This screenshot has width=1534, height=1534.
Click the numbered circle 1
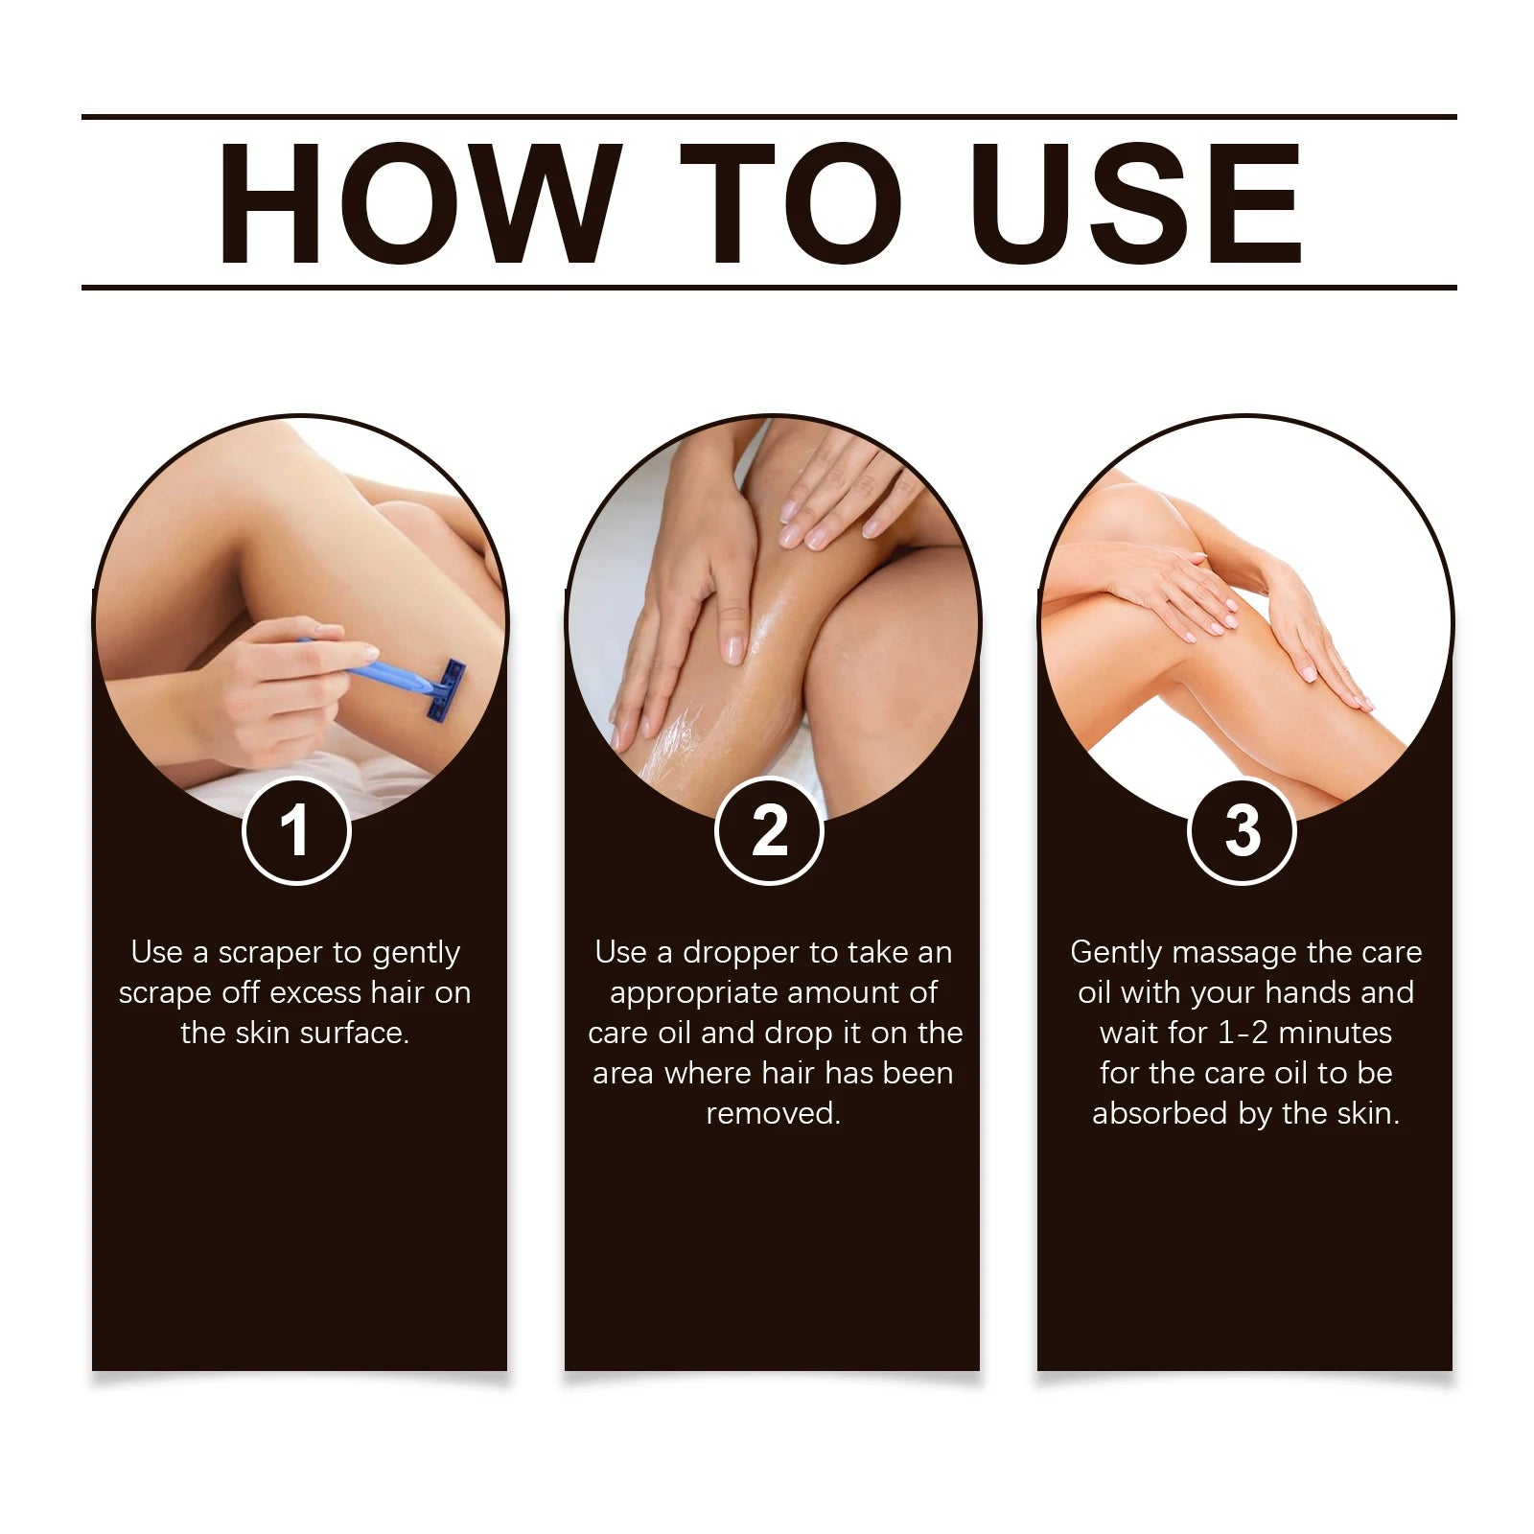point(296,831)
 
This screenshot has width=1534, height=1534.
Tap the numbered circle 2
point(769,831)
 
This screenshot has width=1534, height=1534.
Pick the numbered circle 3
point(1242,831)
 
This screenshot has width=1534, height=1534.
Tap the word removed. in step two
point(773,1114)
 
